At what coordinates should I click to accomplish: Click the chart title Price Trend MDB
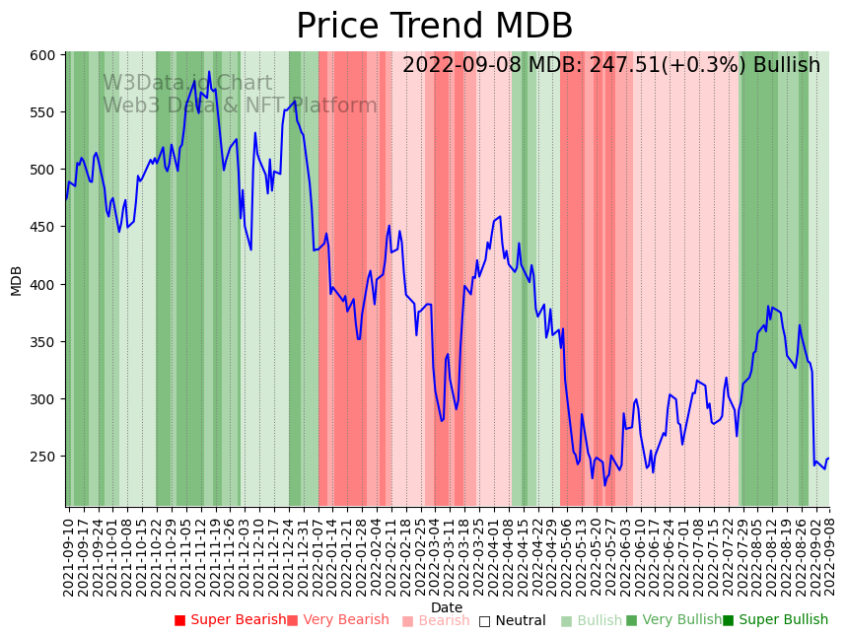pos(434,27)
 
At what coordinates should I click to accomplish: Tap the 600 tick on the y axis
pos(41,55)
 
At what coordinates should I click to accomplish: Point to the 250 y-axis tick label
pos(41,457)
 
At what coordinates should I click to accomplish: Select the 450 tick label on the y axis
pos(41,227)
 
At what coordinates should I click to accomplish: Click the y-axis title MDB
pos(16,280)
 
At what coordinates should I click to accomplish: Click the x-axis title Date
pos(447,607)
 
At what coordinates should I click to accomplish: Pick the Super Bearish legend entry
pos(231,620)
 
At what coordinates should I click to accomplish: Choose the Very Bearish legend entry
pos(338,620)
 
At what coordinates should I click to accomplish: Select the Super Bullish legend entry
pos(775,620)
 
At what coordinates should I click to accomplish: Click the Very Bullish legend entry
pos(673,620)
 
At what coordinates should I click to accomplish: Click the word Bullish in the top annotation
pos(786,66)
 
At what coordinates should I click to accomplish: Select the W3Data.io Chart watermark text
pos(187,84)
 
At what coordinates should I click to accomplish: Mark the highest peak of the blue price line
pos(209,72)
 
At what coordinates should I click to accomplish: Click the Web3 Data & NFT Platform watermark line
pos(240,106)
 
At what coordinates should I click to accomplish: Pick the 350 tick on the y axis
pos(41,342)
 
